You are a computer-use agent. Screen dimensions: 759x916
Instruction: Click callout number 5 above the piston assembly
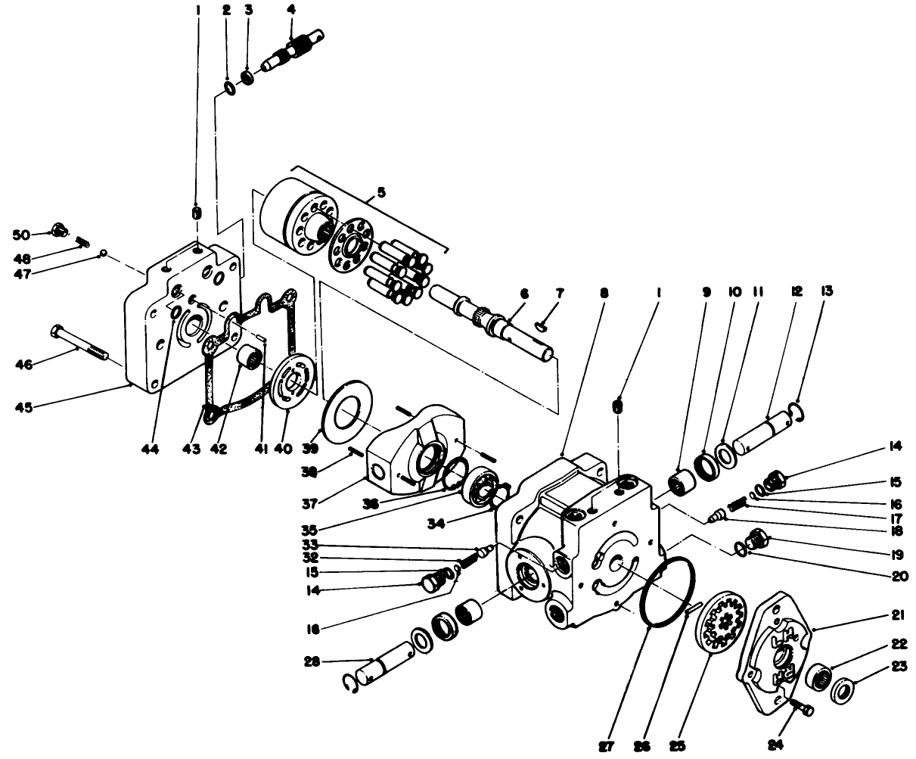click(x=381, y=192)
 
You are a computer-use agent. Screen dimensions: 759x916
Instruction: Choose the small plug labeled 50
click(x=58, y=230)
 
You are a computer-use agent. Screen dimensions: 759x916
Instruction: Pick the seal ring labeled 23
click(x=842, y=689)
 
